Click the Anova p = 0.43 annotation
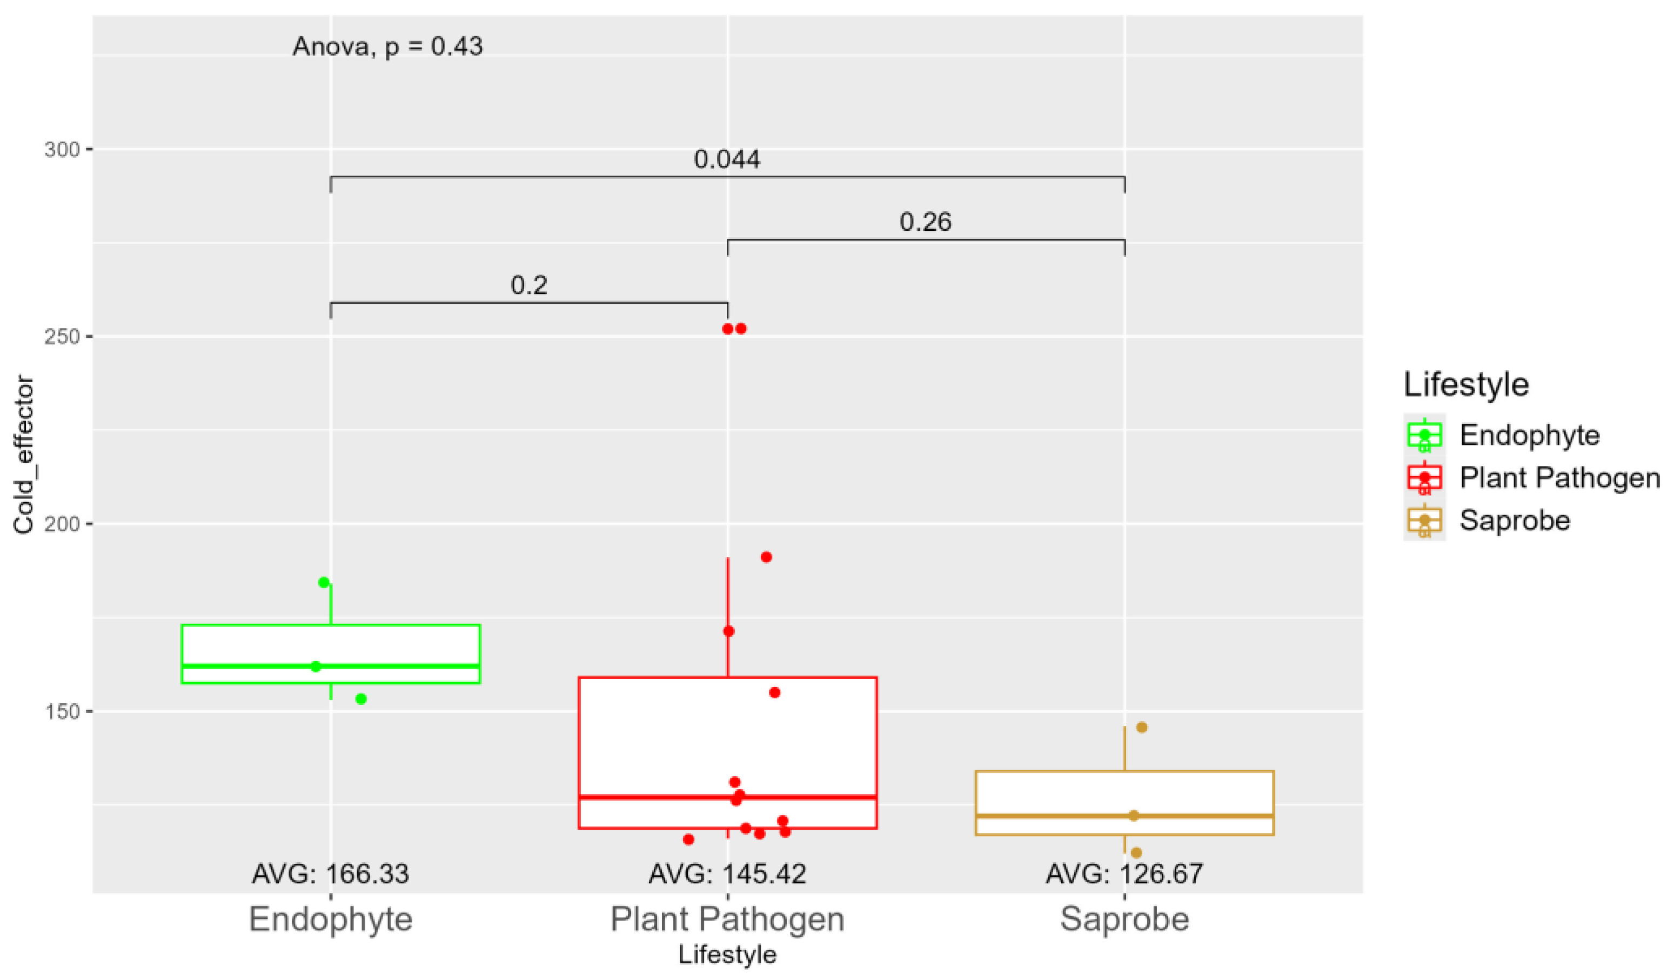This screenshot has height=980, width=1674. click(387, 46)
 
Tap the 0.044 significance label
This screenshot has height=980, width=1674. click(727, 159)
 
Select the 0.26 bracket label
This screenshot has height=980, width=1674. click(926, 222)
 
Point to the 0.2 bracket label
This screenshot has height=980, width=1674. click(529, 286)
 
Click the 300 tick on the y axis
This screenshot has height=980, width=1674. click(62, 150)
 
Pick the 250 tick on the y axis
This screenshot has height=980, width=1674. click(62, 337)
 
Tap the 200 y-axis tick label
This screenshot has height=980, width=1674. click(62, 524)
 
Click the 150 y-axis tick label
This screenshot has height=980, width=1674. click(62, 711)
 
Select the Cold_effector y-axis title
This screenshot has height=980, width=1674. click(24, 455)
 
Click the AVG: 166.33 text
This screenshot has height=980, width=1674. click(330, 874)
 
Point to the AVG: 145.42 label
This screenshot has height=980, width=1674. click(727, 874)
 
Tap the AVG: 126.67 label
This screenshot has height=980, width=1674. click(1124, 874)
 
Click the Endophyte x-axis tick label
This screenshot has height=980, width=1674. click(331, 919)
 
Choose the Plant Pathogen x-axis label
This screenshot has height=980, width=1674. click(727, 919)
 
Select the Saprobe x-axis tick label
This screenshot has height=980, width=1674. click(1124, 919)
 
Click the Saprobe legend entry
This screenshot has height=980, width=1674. click(1515, 520)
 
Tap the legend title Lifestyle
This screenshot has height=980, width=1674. click(1466, 385)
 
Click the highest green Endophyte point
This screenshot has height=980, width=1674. click(324, 583)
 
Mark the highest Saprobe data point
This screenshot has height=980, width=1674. click(1142, 728)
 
